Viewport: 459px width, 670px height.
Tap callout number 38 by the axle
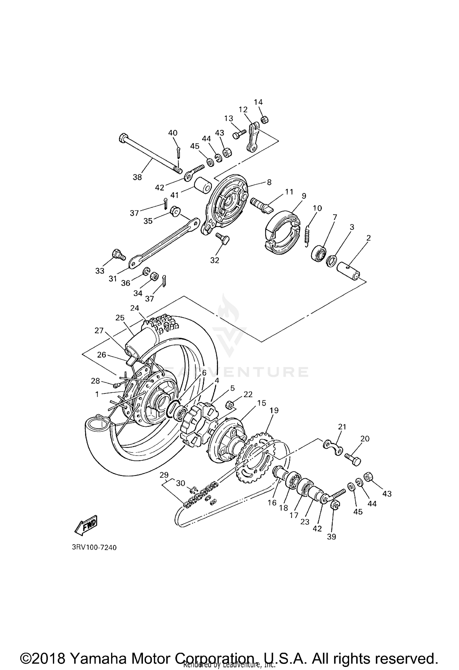point(137,177)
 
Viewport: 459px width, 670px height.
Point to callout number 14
point(258,102)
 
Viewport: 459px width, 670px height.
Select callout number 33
point(100,271)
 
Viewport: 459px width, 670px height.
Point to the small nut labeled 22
point(229,405)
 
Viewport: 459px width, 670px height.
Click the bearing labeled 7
point(318,252)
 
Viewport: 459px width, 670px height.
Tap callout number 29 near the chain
point(164,475)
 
